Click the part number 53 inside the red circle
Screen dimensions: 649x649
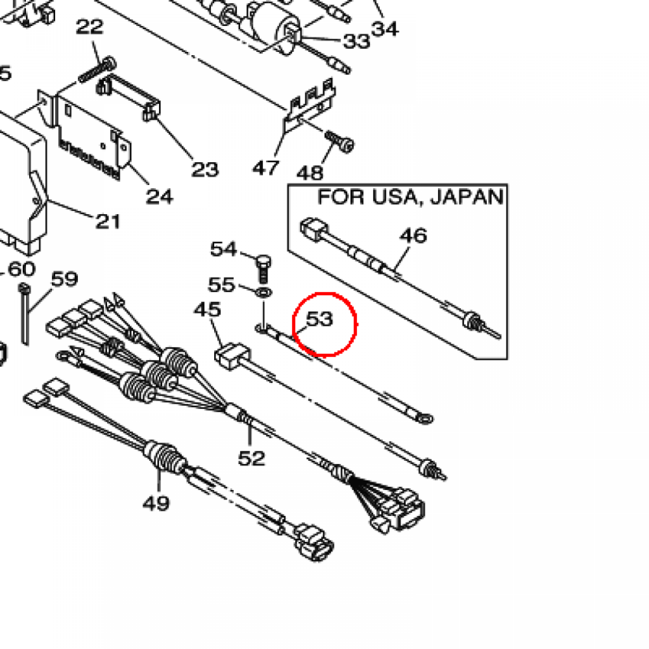319,319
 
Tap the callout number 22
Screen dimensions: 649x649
89,28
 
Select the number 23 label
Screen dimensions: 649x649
205,169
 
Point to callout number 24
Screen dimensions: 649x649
159,196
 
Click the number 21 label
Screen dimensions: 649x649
108,221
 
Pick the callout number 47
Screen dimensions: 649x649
266,168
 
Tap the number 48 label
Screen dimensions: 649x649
310,172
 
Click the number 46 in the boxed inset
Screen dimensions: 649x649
413,236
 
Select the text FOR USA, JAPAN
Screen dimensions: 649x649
411,197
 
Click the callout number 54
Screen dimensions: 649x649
223,249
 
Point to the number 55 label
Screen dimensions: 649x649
222,285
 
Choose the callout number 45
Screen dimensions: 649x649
207,310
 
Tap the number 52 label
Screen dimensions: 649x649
251,458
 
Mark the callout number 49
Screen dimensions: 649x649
156,503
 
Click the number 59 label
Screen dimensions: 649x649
64,279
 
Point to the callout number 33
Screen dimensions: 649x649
356,41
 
